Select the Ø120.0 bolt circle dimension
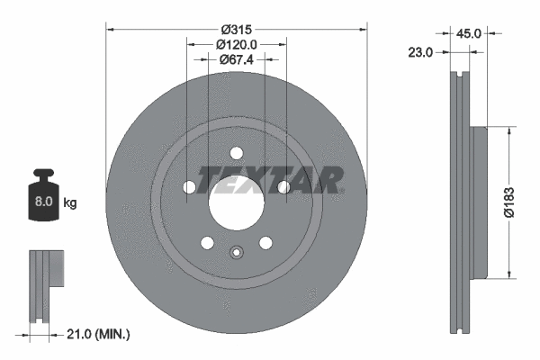[x=238, y=43]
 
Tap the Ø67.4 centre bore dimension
[x=238, y=59]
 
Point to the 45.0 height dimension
[x=468, y=33]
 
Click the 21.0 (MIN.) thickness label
[x=98, y=334]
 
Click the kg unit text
[x=70, y=203]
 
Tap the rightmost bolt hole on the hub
[x=283, y=186]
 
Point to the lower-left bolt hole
[x=207, y=242]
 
